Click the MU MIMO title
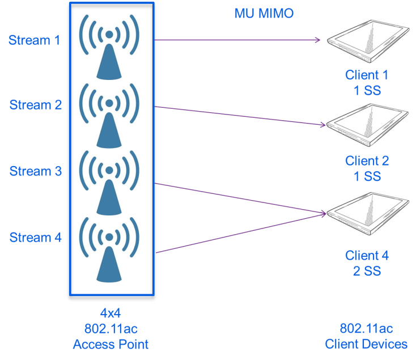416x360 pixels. coord(264,13)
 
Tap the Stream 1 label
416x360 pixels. coord(34,40)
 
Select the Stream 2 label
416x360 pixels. coord(35,105)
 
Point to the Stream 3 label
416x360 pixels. coord(35,171)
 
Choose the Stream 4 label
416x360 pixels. coord(35,237)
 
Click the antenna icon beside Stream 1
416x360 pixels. coord(109,47)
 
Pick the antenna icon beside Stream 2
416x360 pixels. coord(109,116)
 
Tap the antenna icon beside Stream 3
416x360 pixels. coord(109,183)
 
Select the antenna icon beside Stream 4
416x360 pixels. coord(109,249)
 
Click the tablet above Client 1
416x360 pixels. coord(368,41)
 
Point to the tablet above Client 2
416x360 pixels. coord(368,125)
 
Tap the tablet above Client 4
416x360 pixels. coord(368,214)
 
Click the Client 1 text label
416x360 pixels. coord(367,75)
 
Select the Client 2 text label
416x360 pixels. coord(367,161)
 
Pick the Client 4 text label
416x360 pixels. coord(367,256)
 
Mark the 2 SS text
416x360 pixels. coord(367,271)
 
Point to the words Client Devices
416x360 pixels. coord(366,344)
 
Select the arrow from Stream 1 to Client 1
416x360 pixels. coord(238,40)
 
